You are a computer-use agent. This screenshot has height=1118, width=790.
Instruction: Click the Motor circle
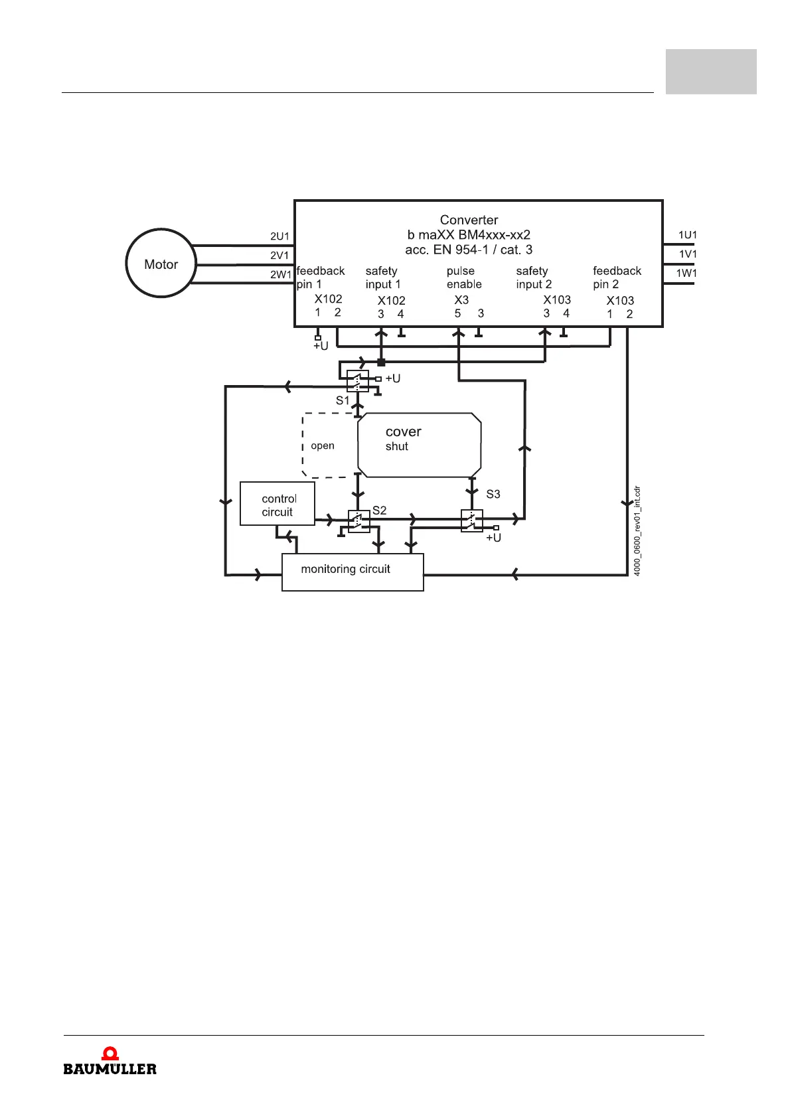click(161, 264)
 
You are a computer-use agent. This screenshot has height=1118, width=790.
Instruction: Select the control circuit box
click(277, 504)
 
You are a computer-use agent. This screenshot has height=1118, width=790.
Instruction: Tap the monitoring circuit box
click(353, 572)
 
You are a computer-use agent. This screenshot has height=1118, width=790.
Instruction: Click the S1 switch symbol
click(357, 381)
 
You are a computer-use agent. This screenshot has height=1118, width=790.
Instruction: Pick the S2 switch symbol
click(358, 521)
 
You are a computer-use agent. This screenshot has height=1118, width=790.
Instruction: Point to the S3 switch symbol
click(471, 520)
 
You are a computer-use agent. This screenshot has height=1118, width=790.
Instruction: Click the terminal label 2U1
click(279, 236)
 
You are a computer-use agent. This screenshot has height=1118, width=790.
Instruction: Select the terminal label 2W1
click(280, 274)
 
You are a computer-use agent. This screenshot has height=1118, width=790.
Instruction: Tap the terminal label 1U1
click(687, 235)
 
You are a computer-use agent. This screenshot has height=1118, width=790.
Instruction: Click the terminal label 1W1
click(686, 273)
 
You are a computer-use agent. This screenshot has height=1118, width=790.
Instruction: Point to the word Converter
click(469, 220)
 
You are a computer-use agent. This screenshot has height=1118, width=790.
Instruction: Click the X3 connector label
click(461, 300)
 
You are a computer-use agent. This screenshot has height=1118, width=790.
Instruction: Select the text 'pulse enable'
click(464, 278)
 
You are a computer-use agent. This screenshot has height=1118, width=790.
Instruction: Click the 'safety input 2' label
click(534, 278)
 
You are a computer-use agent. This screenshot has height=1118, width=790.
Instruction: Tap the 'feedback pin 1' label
click(320, 278)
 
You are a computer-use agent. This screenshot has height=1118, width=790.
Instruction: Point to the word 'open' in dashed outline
click(323, 445)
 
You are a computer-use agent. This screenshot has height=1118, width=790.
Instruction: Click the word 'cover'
click(403, 432)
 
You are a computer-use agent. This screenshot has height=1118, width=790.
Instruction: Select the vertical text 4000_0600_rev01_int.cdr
click(637, 531)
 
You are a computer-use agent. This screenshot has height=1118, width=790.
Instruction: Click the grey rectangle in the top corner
click(711, 72)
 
